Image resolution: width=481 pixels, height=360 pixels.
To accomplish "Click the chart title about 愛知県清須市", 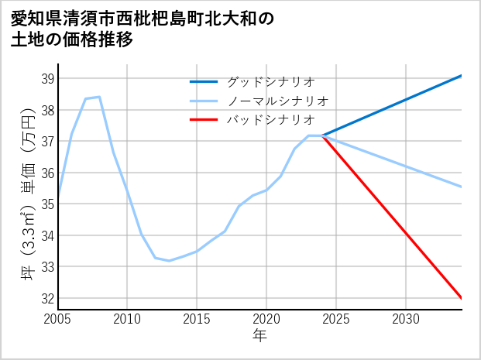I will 143,29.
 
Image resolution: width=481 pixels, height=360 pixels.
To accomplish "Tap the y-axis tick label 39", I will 46,78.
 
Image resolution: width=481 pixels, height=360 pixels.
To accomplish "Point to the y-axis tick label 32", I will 46,298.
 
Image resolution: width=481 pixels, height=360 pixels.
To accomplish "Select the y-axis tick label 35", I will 46,204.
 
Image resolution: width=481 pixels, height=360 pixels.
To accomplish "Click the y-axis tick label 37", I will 46,141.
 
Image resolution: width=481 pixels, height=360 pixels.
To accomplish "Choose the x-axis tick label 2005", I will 58,319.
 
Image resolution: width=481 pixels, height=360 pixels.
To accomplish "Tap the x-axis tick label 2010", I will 127,319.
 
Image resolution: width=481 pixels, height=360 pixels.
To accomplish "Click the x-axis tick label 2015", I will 197,319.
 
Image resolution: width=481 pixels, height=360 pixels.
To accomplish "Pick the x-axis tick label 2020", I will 266,319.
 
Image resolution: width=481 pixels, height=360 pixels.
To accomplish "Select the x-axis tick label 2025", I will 336,319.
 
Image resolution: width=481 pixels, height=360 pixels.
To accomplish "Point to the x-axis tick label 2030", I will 406,319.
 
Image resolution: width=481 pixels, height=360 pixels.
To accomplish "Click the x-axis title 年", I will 259,335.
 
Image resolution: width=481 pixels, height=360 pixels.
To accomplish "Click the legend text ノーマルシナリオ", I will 277,101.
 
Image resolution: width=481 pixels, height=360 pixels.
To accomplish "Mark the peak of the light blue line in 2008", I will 99,97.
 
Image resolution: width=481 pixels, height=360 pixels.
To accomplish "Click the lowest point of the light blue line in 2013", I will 169,260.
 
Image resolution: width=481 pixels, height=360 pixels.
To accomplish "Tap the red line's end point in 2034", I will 462,298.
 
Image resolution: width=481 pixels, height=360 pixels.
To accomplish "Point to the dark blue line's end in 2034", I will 462,75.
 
